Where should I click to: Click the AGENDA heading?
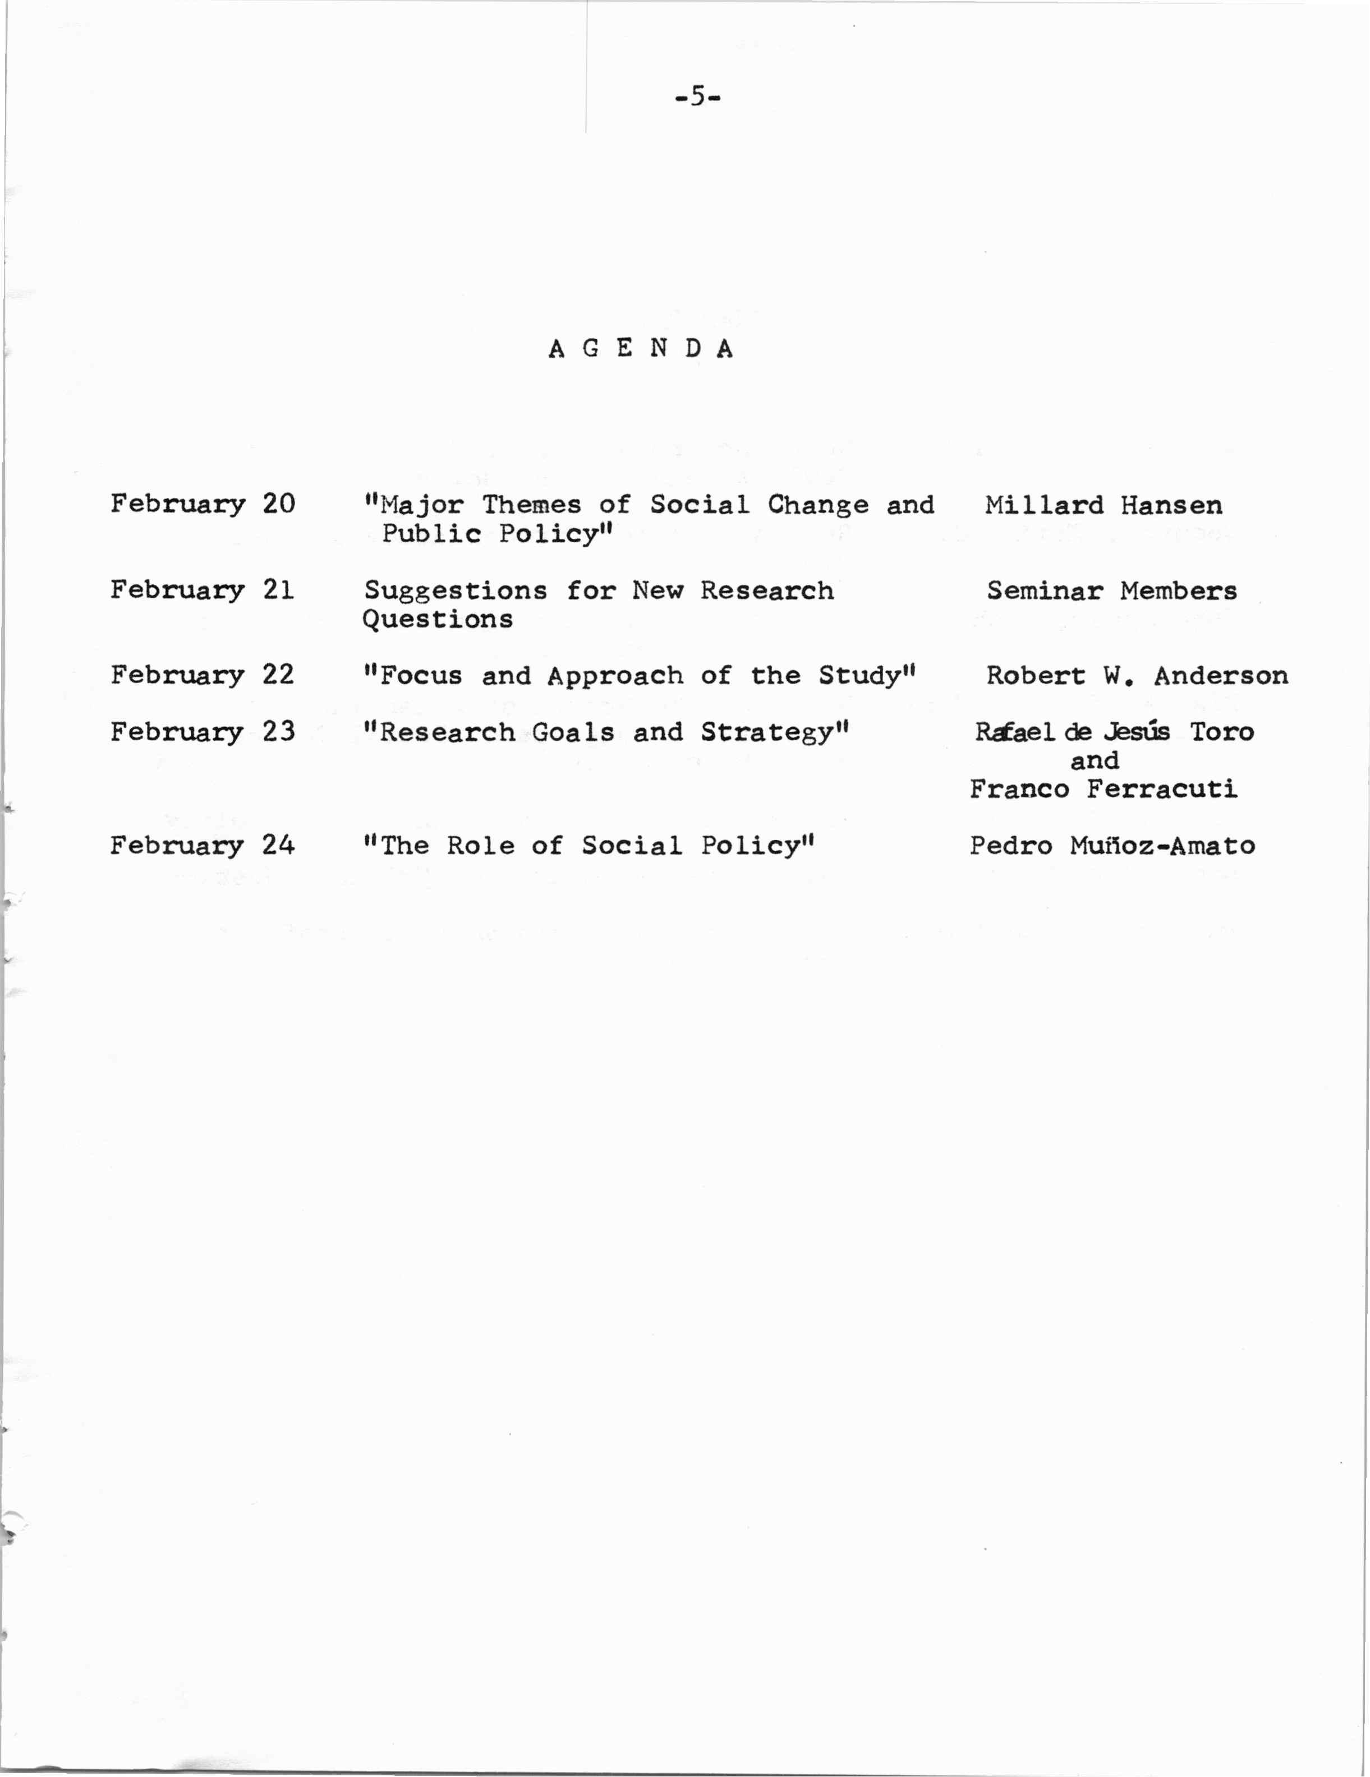coord(641,349)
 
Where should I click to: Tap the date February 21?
coord(202,589)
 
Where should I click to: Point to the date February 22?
coord(202,675)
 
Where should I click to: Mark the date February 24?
coord(203,846)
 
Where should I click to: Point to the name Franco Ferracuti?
coord(1103,789)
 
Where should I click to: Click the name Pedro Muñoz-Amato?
coord(1111,846)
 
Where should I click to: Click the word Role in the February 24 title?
coord(480,846)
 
